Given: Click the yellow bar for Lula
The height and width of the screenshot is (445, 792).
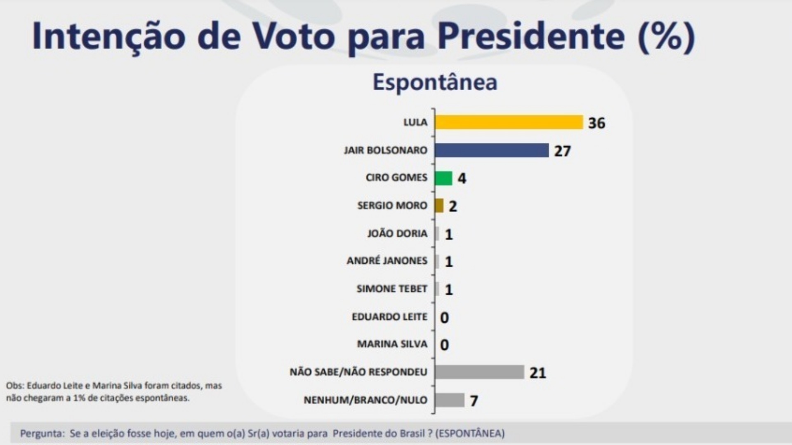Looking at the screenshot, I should (509, 122).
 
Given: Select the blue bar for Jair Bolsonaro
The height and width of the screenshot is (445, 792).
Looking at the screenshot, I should (492, 150).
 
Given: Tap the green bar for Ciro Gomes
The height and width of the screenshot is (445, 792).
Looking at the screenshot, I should (443, 178).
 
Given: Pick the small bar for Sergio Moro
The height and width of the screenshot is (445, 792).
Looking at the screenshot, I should (439, 206).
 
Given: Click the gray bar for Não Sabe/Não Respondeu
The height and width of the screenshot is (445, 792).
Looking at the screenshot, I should (479, 372).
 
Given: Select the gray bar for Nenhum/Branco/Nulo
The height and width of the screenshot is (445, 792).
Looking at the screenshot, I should (450, 400).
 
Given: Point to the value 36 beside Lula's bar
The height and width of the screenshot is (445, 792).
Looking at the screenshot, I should (596, 123).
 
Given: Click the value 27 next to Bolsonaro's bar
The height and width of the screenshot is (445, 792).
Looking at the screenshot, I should (562, 151).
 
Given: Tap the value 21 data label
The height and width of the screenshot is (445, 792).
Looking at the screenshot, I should (537, 373).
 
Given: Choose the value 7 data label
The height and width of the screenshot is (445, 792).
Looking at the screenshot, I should (474, 400).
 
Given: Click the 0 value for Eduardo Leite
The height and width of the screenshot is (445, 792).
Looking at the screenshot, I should (444, 318).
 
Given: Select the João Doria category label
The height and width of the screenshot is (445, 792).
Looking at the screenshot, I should (397, 234).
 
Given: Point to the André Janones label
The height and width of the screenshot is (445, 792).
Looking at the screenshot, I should (387, 261).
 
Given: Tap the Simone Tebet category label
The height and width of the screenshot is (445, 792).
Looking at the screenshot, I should (391, 289).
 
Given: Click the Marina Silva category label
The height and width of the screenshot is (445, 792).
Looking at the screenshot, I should (392, 344).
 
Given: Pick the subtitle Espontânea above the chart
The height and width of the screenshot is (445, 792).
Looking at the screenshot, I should (435, 82).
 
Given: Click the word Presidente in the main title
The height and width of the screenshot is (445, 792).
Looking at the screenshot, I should (531, 36).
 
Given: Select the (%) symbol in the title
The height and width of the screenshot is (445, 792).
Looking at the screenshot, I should (666, 37).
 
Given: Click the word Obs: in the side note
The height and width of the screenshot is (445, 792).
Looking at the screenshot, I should (15, 386).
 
